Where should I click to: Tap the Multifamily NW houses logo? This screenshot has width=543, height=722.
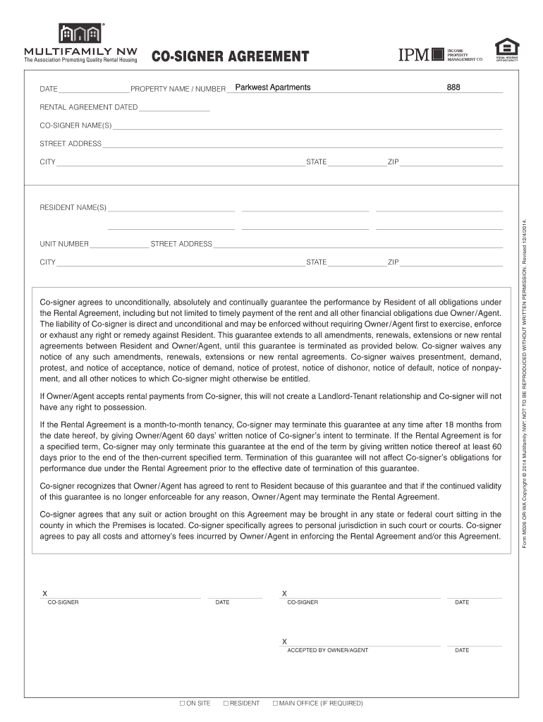[81, 33]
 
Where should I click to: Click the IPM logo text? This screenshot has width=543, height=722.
[415, 55]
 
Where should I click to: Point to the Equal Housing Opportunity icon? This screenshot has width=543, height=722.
[506, 48]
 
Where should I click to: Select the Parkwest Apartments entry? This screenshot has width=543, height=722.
[272, 87]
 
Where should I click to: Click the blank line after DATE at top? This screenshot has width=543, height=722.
[94, 89]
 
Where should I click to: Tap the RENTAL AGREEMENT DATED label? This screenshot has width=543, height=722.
[88, 107]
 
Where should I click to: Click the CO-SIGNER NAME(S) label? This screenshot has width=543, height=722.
[75, 126]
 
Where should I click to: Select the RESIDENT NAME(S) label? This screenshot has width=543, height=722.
[73, 207]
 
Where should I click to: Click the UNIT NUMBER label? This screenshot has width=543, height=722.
[64, 244]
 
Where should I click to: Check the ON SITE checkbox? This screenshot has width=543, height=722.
[182, 703]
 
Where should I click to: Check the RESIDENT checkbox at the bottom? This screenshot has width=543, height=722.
[226, 703]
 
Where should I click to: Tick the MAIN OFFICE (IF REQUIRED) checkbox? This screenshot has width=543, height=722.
[275, 703]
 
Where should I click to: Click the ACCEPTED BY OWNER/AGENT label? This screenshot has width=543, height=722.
[327, 650]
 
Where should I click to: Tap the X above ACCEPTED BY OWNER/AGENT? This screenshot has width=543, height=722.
[284, 642]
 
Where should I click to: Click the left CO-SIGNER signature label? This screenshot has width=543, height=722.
[63, 602]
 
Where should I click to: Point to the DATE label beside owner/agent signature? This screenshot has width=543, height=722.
[462, 650]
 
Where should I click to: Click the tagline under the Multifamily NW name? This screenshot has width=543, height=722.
[80, 61]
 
